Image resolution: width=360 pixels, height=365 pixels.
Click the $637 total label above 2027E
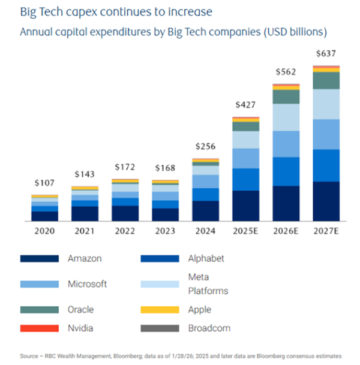[326, 55]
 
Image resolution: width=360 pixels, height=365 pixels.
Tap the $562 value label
[286, 72]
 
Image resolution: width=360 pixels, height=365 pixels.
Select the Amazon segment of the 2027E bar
[326, 201]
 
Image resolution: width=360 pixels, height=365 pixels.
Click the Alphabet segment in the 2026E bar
[286, 171]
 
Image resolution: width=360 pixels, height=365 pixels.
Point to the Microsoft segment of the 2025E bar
[245, 158]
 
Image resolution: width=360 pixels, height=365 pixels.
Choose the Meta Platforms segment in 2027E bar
[326, 104]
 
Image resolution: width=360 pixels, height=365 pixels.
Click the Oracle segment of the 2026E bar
[286, 96]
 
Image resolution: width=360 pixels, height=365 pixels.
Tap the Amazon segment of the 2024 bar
[205, 210]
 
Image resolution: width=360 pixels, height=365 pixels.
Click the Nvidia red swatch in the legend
[39, 328]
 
